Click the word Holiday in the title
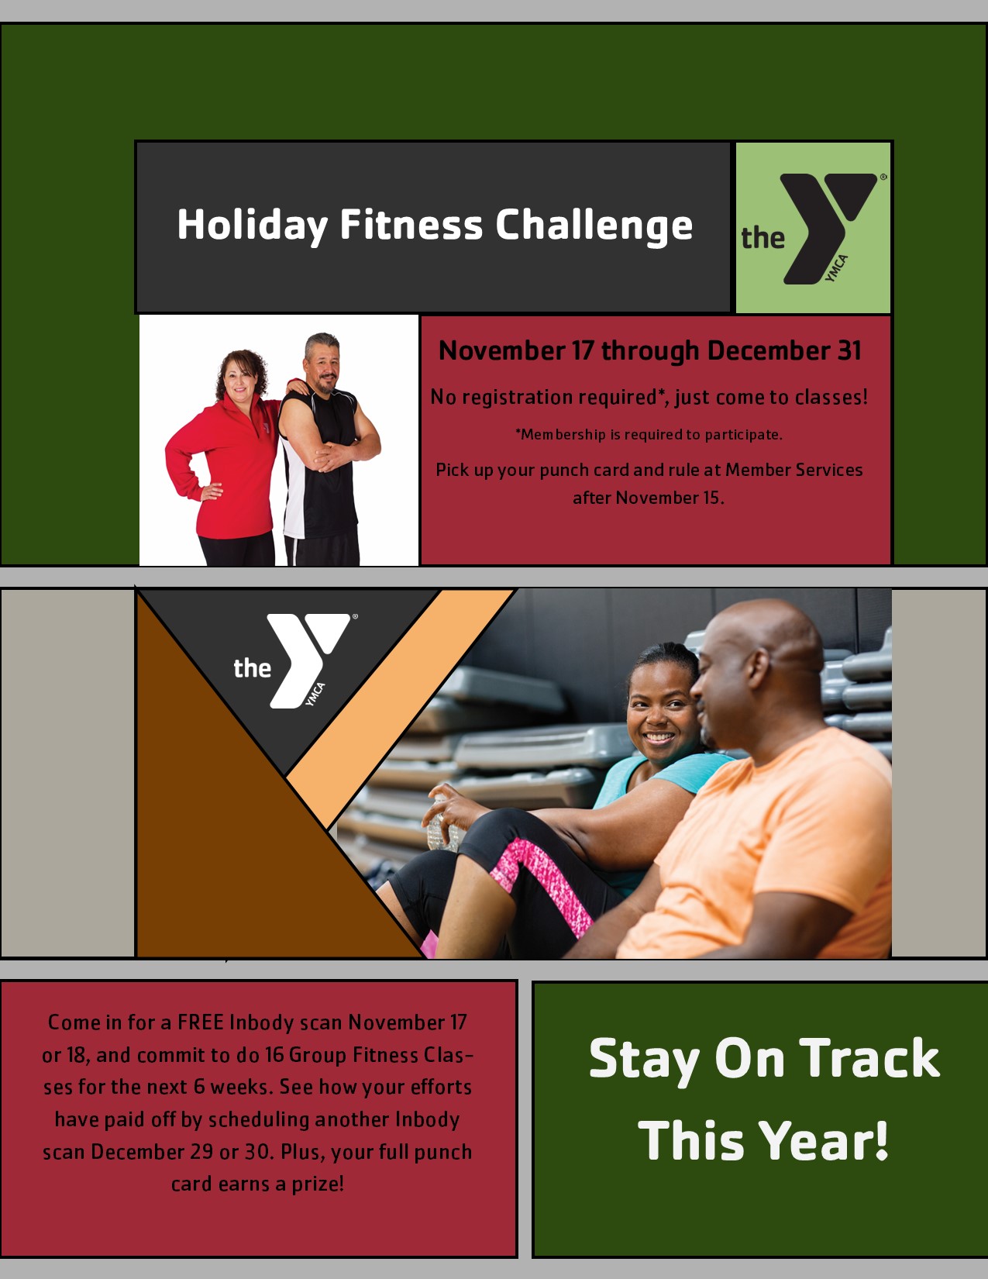pos(253,225)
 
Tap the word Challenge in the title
pos(594,225)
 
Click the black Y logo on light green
pos(829,229)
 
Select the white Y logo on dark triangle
pos(309,660)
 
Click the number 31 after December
pos(849,351)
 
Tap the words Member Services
pos(793,470)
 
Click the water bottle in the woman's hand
pos(440,825)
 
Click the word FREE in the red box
pos(200,1022)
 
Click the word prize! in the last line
pos(317,1184)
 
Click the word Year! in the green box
pos(821,1141)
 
